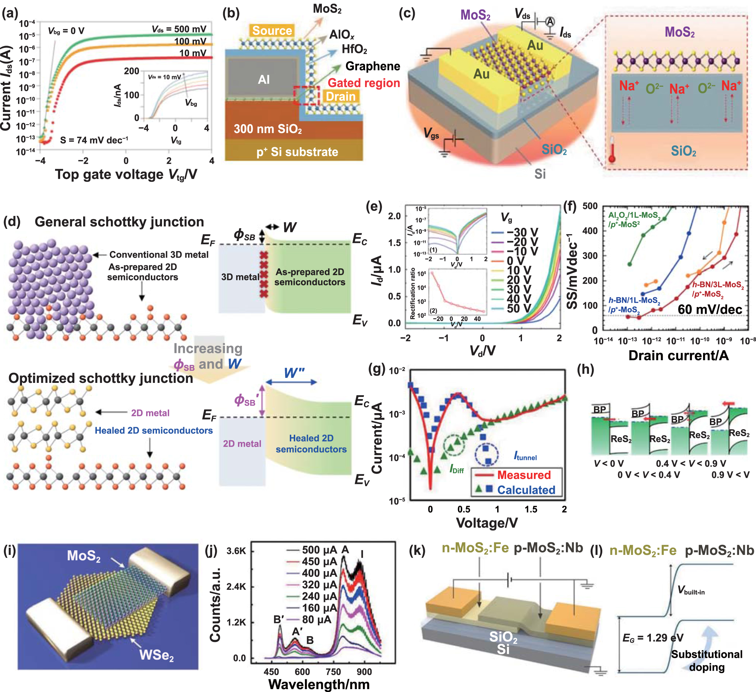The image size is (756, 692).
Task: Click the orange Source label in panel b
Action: click(x=272, y=31)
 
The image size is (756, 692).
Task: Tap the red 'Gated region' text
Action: click(x=363, y=83)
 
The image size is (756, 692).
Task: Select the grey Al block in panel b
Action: click(x=264, y=79)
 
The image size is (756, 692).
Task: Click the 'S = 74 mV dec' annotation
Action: click(x=94, y=140)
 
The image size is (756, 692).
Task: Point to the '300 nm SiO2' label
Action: click(x=268, y=129)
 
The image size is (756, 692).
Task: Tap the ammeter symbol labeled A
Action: click(x=550, y=22)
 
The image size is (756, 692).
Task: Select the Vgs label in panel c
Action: click(x=431, y=133)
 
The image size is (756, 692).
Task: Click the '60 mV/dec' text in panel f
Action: click(x=710, y=309)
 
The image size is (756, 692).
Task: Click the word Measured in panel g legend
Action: click(x=523, y=475)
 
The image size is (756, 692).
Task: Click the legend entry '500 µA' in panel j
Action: click(x=320, y=550)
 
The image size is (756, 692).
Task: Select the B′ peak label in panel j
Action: click(x=278, y=620)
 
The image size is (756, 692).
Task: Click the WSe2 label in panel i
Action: click(x=156, y=655)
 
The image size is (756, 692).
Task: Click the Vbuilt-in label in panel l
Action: click(x=691, y=591)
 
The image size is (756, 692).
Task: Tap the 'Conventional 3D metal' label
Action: click(x=159, y=255)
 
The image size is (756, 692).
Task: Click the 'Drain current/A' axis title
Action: click(x=678, y=356)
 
